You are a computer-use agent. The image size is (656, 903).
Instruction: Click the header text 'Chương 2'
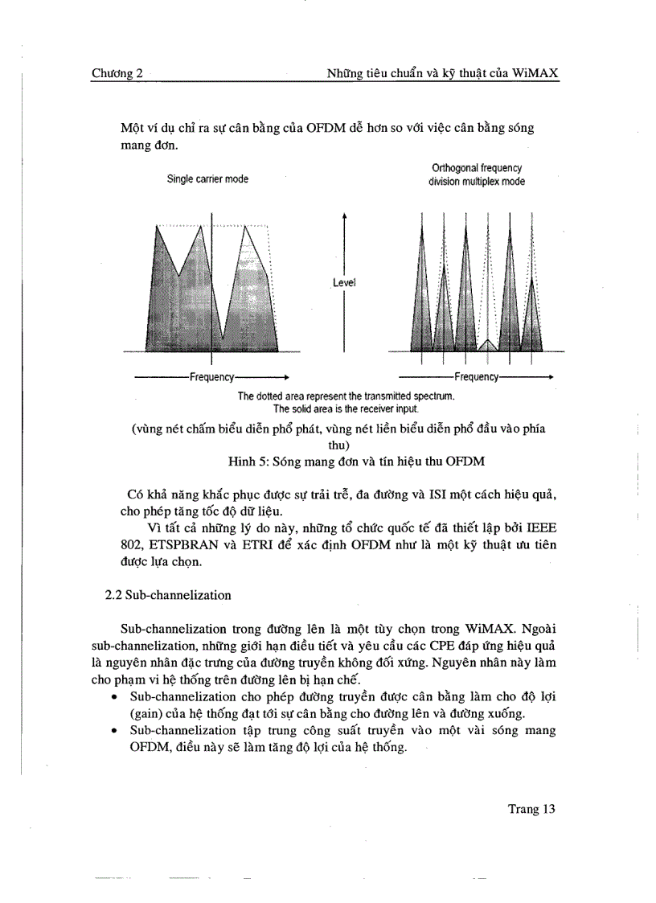pos(117,73)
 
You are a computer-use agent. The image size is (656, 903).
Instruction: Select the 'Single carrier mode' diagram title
pos(207,179)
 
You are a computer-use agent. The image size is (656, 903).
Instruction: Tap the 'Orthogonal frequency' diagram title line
pos(477,168)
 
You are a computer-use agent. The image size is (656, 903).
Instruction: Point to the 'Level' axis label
pos(344,283)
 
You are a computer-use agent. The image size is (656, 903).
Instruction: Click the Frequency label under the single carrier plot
pos(211,377)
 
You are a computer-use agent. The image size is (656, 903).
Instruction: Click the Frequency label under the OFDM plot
pos(477,377)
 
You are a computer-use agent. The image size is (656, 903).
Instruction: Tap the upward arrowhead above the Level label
pos(344,215)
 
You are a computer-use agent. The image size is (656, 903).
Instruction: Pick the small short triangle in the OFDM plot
pos(487,344)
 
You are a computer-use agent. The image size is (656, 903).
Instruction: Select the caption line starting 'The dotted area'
pos(346,396)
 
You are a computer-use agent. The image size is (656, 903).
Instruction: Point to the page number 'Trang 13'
pos(531,809)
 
